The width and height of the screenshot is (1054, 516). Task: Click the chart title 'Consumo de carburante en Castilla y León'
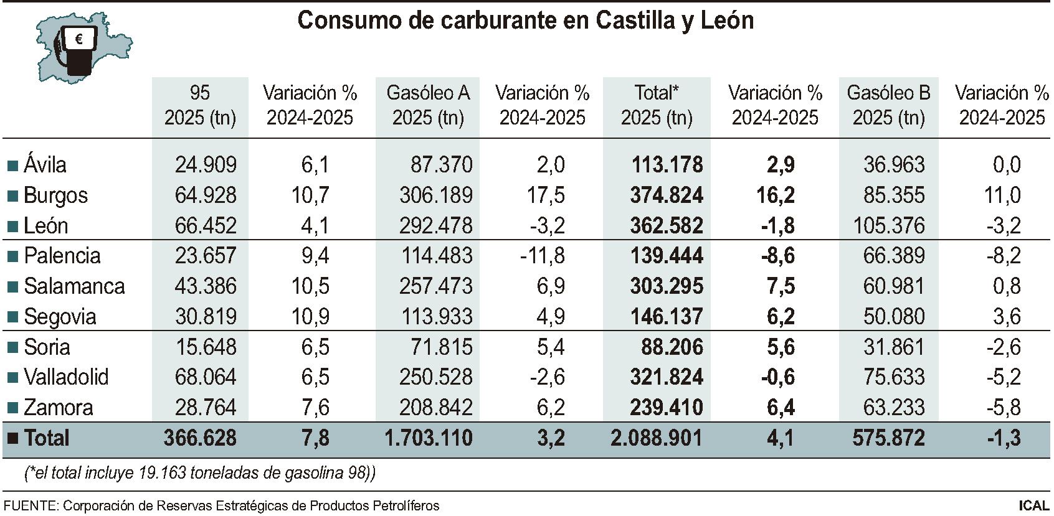pyautogui.click(x=525, y=21)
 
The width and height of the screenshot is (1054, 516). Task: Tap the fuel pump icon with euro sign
pyautogui.click(x=78, y=50)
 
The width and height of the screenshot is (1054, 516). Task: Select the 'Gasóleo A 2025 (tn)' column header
pyautogui.click(x=428, y=105)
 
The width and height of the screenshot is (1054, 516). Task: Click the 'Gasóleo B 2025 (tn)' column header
pyautogui.click(x=888, y=105)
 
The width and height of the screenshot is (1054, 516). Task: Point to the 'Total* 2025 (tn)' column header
pyautogui.click(x=657, y=105)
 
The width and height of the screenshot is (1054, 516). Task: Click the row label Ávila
pyautogui.click(x=45, y=165)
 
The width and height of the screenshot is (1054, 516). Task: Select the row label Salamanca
pyautogui.click(x=74, y=286)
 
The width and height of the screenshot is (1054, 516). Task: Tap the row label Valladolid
pyautogui.click(x=66, y=377)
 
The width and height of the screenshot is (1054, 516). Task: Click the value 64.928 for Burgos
pyautogui.click(x=206, y=195)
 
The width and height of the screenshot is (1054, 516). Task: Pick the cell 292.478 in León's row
pyautogui.click(x=436, y=226)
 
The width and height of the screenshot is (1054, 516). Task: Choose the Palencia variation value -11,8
pyautogui.click(x=542, y=256)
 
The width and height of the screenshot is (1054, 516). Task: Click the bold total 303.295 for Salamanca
pyautogui.click(x=666, y=286)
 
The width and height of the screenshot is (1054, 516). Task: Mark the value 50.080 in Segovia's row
pyautogui.click(x=894, y=317)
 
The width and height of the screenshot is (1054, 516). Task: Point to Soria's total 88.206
pyautogui.click(x=672, y=347)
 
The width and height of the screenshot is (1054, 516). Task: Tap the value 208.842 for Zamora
pyautogui.click(x=436, y=408)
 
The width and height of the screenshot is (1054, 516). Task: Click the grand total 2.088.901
pyautogui.click(x=656, y=438)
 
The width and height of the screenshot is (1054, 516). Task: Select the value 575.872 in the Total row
pyautogui.click(x=888, y=438)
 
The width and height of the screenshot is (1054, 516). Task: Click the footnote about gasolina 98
pyautogui.click(x=200, y=473)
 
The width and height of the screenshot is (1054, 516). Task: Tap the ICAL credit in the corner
pyautogui.click(x=1034, y=505)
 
